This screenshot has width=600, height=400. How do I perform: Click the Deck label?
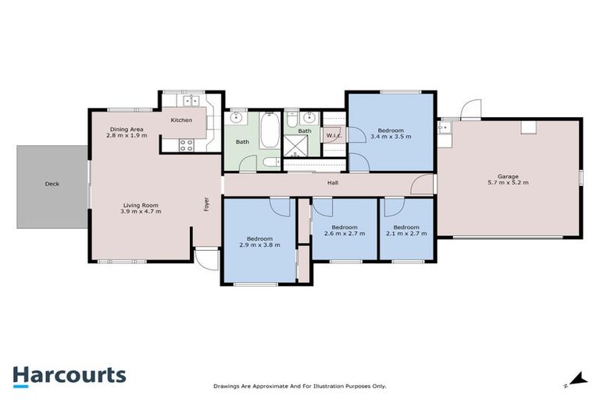tap(52, 184)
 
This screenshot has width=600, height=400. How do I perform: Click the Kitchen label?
tap(181, 120)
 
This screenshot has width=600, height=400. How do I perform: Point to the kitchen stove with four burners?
tap(187, 144)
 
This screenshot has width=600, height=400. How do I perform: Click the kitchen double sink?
tap(191, 101)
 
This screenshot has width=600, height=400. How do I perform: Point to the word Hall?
tap(332, 184)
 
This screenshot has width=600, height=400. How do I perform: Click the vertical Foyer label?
tap(207, 204)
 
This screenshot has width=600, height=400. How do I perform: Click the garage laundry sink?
tap(445, 127)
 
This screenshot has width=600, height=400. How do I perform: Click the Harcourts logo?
tap(69, 375)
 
